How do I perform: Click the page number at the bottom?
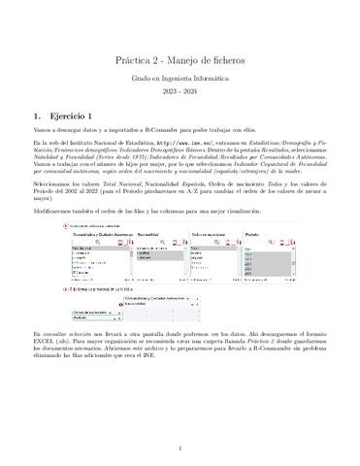(180, 449)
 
